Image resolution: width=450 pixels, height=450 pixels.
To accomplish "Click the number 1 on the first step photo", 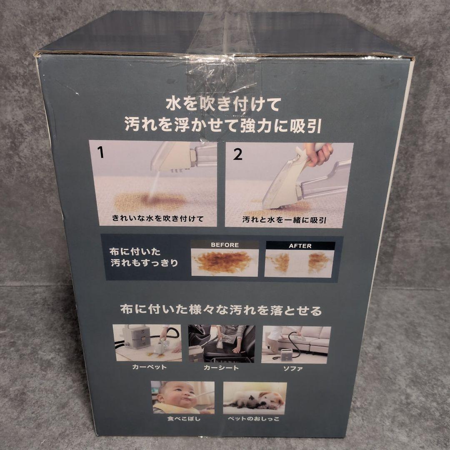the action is [x=100, y=152].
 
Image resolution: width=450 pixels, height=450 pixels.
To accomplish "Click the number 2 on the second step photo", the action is [x=237, y=154].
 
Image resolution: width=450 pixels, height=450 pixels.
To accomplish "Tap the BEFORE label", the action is [x=225, y=245].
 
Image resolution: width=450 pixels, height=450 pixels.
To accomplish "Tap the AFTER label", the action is [x=300, y=246].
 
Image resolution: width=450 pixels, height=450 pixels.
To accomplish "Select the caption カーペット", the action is [x=149, y=367].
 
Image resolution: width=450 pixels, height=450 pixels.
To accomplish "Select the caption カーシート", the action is [x=221, y=367].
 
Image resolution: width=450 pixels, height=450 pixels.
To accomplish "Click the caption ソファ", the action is [x=293, y=368].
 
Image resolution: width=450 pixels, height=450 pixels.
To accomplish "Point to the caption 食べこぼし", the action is [x=184, y=419].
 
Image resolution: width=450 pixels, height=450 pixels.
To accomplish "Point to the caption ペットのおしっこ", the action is [x=253, y=419].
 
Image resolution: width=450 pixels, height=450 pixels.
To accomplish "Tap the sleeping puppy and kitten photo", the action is [x=255, y=398].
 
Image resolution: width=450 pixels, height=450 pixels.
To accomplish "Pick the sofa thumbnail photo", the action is [x=296, y=345].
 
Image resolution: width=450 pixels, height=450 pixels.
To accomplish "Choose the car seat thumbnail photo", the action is [x=221, y=344].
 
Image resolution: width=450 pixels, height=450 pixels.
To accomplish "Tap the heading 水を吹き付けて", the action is [x=223, y=104].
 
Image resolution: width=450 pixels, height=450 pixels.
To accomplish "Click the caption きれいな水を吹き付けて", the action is [x=157, y=219].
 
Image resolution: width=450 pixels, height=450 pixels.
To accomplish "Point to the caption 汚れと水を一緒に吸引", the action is [x=285, y=220].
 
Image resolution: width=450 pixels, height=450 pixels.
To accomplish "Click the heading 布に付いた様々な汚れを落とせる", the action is [x=221, y=310].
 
